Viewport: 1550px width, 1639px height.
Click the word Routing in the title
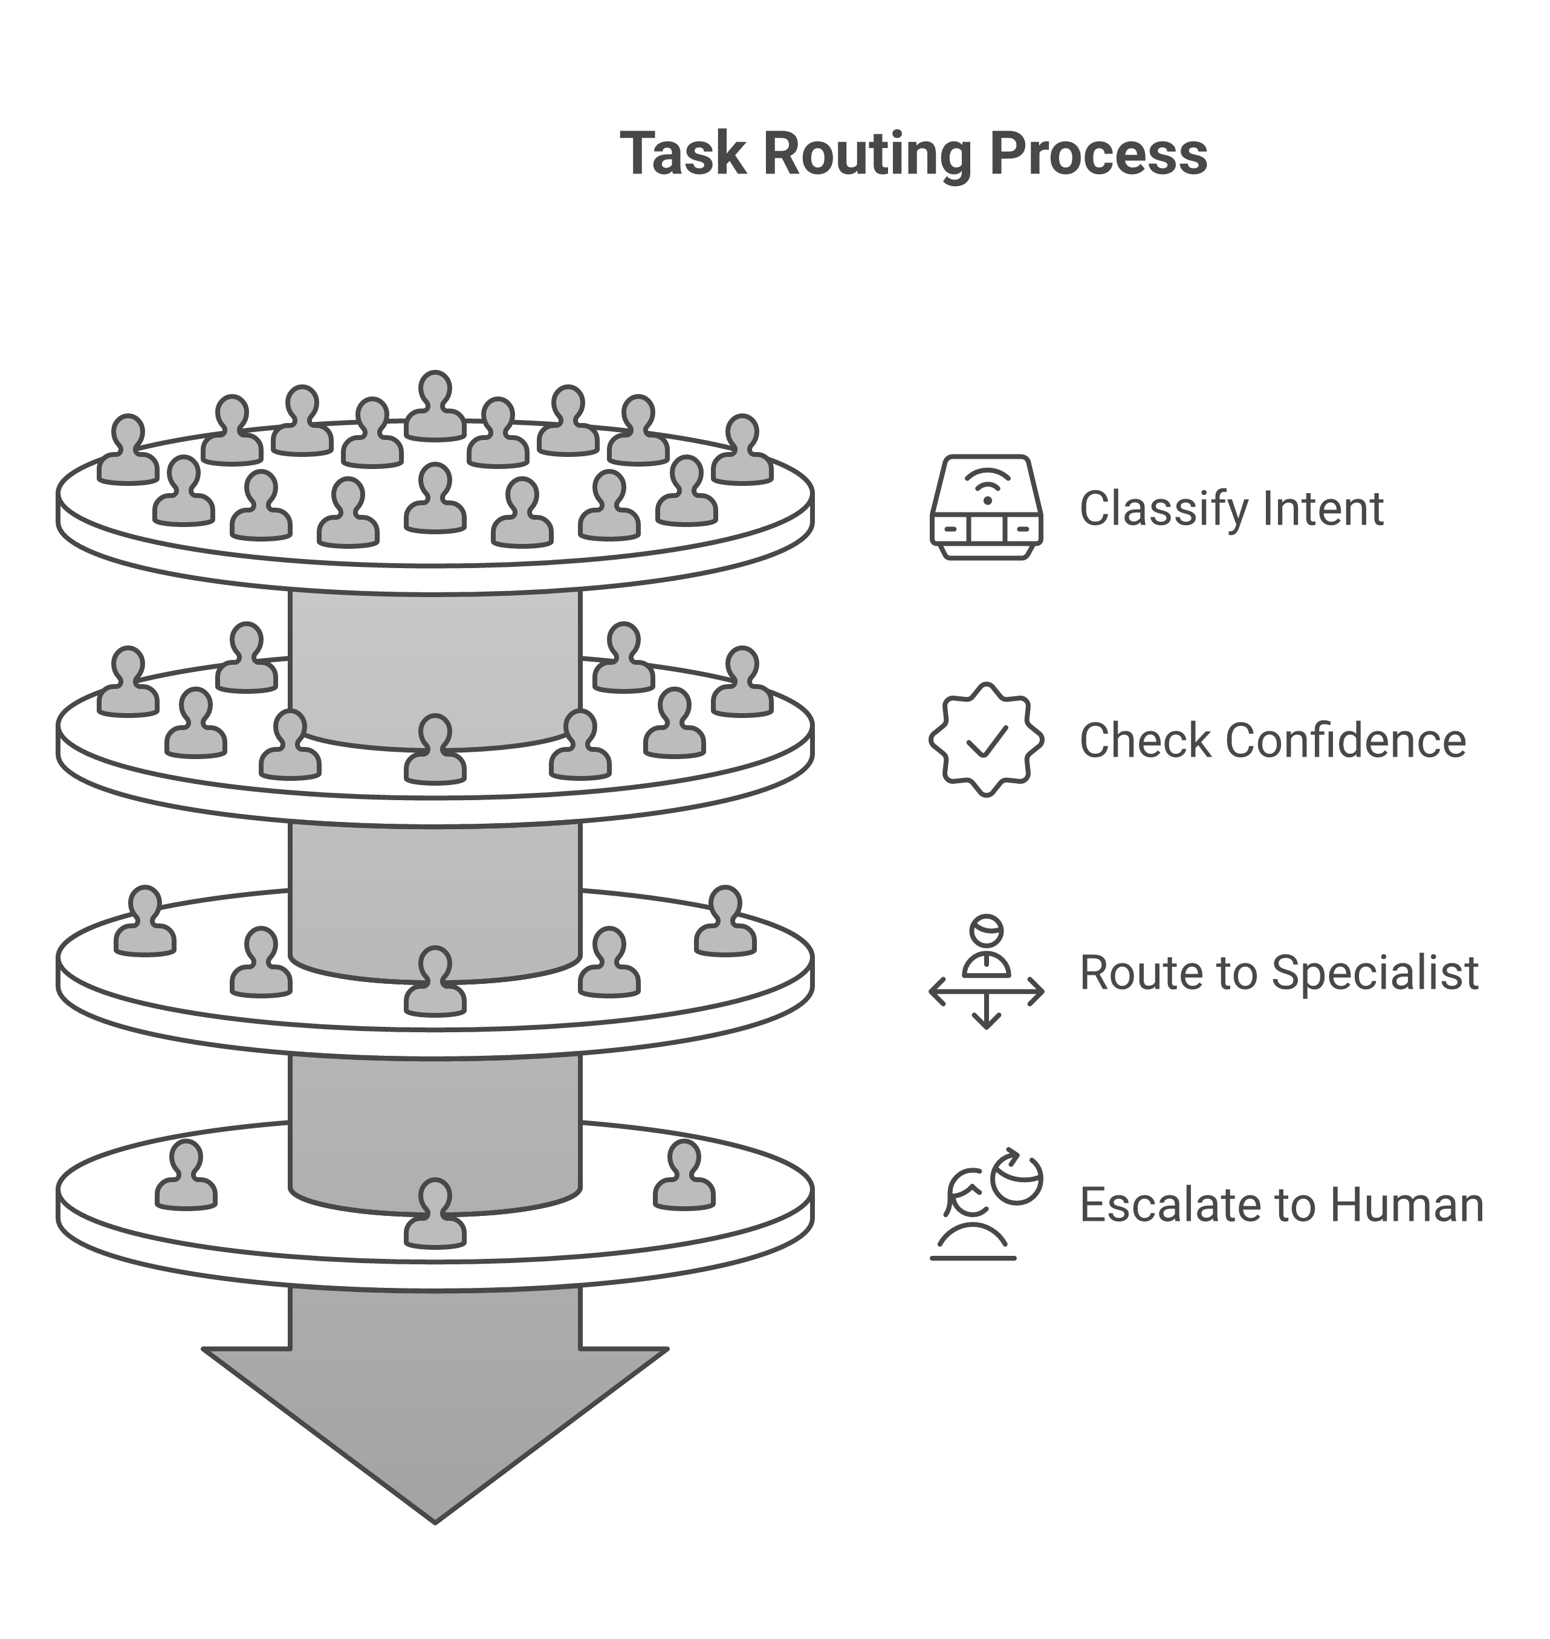867,155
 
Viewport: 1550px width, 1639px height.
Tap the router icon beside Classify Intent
986,507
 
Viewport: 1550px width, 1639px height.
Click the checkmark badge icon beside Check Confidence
986,739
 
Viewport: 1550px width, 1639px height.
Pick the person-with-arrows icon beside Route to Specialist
986,972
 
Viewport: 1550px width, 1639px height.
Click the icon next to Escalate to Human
986,1204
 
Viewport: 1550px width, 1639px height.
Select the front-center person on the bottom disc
435,1214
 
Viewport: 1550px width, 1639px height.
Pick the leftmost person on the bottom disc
186,1177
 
